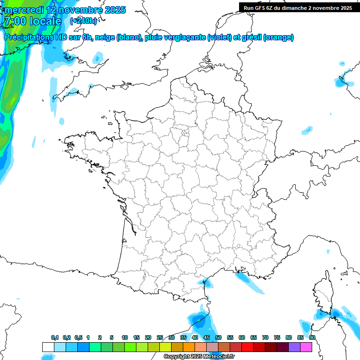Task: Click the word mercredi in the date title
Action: (23, 10)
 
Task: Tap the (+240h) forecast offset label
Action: (83, 21)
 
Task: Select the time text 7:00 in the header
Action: (15, 21)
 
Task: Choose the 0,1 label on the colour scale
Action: (55, 338)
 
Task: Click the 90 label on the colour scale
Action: (312, 338)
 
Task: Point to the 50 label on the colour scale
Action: (218, 338)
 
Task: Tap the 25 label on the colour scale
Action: (160, 338)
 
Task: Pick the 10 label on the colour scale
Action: (125, 338)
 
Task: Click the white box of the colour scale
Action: (48, 347)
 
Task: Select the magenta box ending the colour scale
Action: (306, 347)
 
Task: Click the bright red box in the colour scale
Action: (247, 347)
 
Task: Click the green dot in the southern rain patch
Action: (199, 320)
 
